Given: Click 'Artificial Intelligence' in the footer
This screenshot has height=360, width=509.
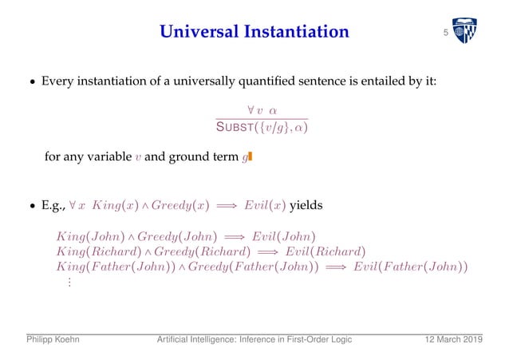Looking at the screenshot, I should [193, 342].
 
